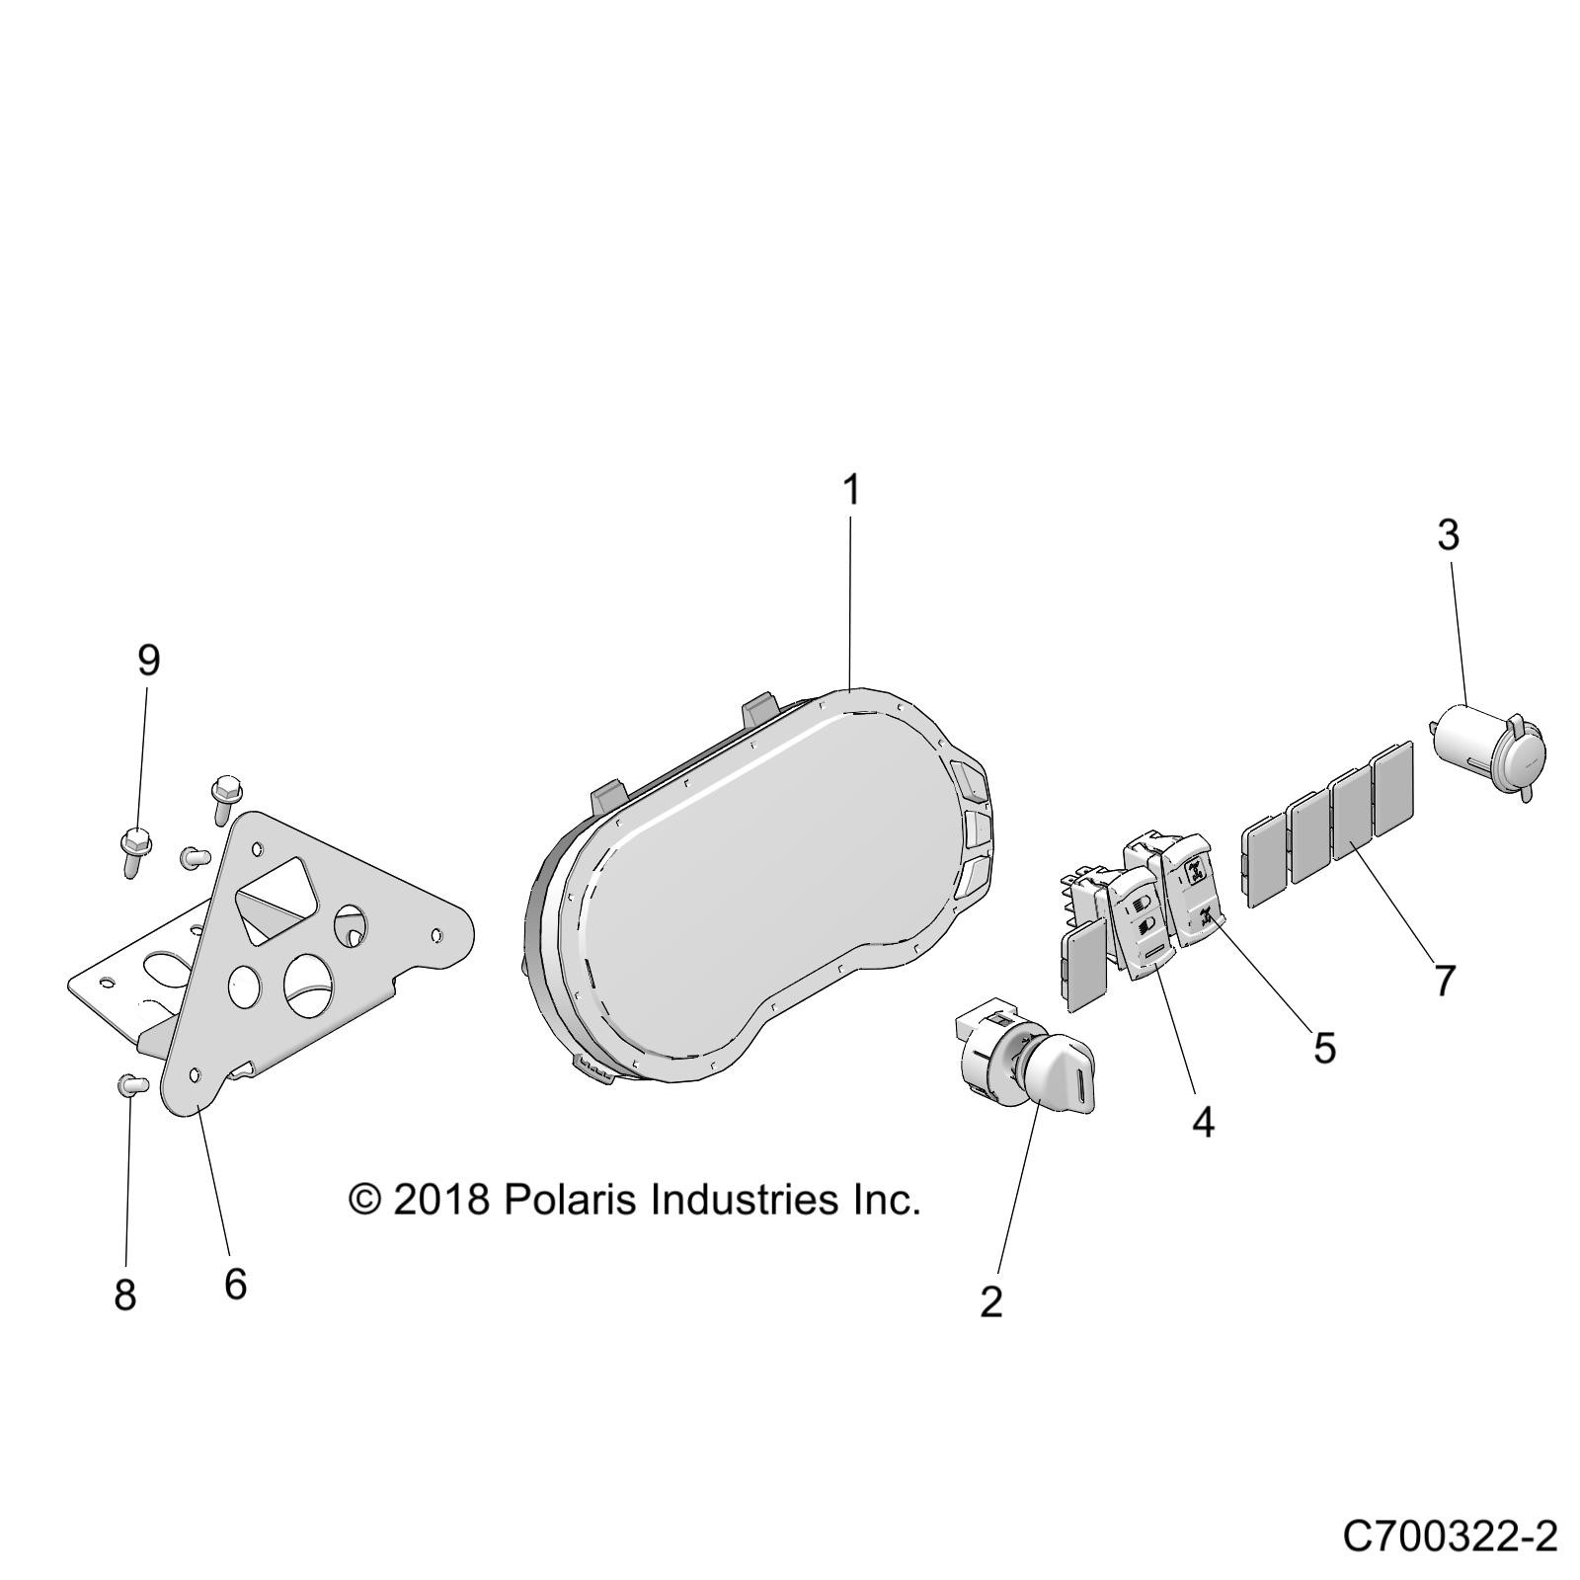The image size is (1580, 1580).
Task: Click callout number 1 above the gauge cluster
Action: click(850, 491)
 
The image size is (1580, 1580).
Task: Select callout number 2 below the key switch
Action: click(990, 1302)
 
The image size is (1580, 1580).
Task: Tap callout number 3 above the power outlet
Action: click(1447, 535)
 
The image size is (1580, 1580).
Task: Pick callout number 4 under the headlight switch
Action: click(1202, 1121)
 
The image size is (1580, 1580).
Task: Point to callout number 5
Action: click(1323, 1048)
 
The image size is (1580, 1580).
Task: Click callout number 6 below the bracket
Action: click(234, 1284)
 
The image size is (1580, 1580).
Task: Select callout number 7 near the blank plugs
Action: click(1444, 982)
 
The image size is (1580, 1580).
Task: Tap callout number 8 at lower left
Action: click(124, 1294)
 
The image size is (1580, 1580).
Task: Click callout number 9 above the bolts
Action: click(148, 660)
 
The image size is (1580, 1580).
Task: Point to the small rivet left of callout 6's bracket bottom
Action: click(131, 1084)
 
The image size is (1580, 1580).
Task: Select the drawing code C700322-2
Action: click(1449, 1537)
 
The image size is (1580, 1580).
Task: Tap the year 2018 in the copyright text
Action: click(440, 1200)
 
